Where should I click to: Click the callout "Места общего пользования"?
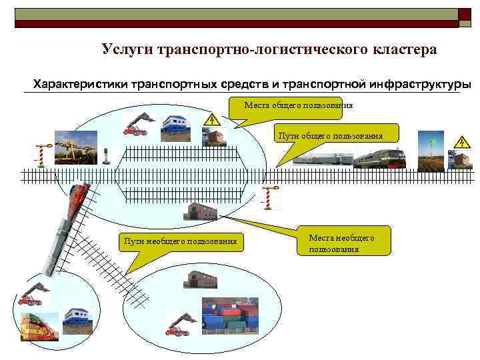click(x=298, y=105)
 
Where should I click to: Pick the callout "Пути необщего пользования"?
click(x=180, y=241)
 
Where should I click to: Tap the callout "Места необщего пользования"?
click(x=342, y=243)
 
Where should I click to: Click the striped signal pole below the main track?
click(x=270, y=197)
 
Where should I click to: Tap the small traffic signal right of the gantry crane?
click(x=107, y=155)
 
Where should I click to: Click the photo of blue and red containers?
click(x=230, y=315)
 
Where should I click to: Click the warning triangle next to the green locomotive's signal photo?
click(x=461, y=141)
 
